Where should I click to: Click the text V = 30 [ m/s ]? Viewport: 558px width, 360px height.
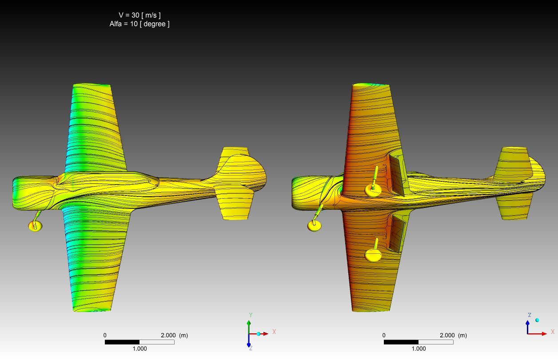pos(139,15)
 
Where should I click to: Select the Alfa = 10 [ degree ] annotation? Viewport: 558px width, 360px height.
pos(139,24)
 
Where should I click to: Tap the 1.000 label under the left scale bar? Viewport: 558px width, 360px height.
pos(139,348)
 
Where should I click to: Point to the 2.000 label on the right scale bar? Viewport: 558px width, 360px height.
pos(447,335)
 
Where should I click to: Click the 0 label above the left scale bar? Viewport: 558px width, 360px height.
pos(105,335)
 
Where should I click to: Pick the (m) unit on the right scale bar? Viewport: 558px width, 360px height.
pos(462,335)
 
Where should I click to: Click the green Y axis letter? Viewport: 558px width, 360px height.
pos(251,315)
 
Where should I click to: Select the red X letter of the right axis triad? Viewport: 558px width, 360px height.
pos(553,332)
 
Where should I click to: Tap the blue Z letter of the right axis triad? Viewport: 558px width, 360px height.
pos(530,315)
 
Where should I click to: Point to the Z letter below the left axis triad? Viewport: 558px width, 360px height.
pos(251,348)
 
